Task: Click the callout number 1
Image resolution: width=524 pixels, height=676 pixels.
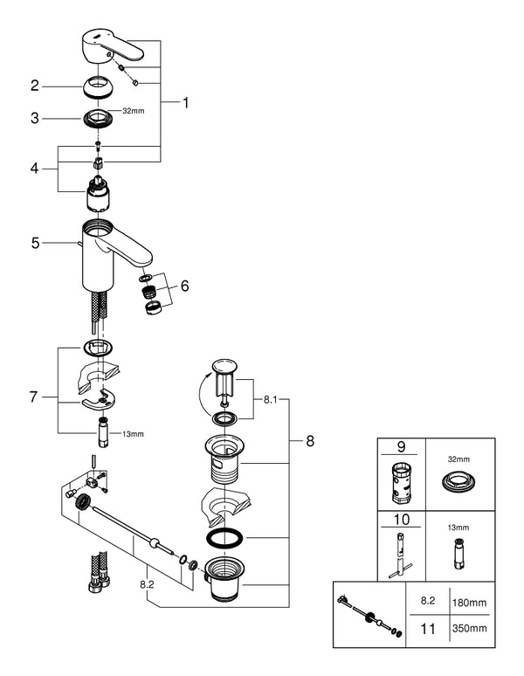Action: (x=186, y=102)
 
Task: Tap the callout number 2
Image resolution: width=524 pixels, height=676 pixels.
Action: (x=34, y=86)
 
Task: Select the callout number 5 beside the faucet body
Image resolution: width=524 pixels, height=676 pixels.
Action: (x=35, y=243)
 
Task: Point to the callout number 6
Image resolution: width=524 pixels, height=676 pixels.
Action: (x=185, y=286)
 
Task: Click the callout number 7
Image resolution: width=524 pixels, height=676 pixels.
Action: (x=33, y=397)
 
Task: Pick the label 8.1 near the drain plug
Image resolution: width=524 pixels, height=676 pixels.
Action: (x=270, y=400)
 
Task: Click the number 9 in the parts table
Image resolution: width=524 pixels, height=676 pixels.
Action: (x=401, y=446)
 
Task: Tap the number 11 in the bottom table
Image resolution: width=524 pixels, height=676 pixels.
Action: (x=428, y=629)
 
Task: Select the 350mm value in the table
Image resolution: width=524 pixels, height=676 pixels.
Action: (x=469, y=628)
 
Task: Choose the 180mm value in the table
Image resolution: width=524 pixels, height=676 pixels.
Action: (x=469, y=603)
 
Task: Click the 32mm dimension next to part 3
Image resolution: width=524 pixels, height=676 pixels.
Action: (x=134, y=111)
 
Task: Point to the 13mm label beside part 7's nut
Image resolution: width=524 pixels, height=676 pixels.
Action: (x=133, y=434)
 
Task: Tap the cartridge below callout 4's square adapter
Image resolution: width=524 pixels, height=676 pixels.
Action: (x=98, y=195)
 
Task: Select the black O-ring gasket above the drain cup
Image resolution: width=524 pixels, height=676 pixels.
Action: (x=224, y=538)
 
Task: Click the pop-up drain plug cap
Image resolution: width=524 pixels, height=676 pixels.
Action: (x=224, y=366)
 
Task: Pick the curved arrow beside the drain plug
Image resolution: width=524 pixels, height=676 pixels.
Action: (x=203, y=395)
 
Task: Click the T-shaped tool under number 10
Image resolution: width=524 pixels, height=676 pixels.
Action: (x=400, y=555)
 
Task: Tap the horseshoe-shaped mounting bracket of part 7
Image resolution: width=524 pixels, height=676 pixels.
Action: (x=98, y=402)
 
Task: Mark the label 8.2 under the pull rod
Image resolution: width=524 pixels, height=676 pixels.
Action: (x=147, y=584)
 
